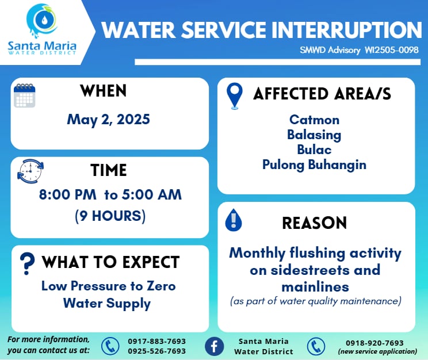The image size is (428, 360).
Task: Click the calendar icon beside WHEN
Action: [x=25, y=95]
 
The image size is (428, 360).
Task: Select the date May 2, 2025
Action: [x=109, y=120]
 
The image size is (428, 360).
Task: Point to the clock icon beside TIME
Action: [x=30, y=171]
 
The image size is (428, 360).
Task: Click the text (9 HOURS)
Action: [x=110, y=216]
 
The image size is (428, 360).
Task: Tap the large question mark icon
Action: [x=27, y=263]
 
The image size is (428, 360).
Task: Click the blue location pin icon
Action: [x=235, y=96]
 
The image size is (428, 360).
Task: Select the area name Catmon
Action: [x=315, y=120]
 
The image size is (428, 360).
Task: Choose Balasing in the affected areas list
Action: [x=314, y=135]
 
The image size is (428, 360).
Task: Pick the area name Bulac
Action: [x=314, y=150]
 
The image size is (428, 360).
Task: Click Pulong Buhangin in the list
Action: [x=314, y=165]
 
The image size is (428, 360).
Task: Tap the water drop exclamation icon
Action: [x=234, y=220]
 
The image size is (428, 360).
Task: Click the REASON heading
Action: [x=315, y=223]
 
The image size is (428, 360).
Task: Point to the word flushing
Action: [x=318, y=253]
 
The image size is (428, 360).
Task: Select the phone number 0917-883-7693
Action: [x=157, y=341]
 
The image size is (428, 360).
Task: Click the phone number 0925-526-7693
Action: [x=157, y=351]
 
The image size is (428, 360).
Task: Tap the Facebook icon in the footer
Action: [x=214, y=346]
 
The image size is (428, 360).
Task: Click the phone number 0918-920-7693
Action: [x=375, y=343]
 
